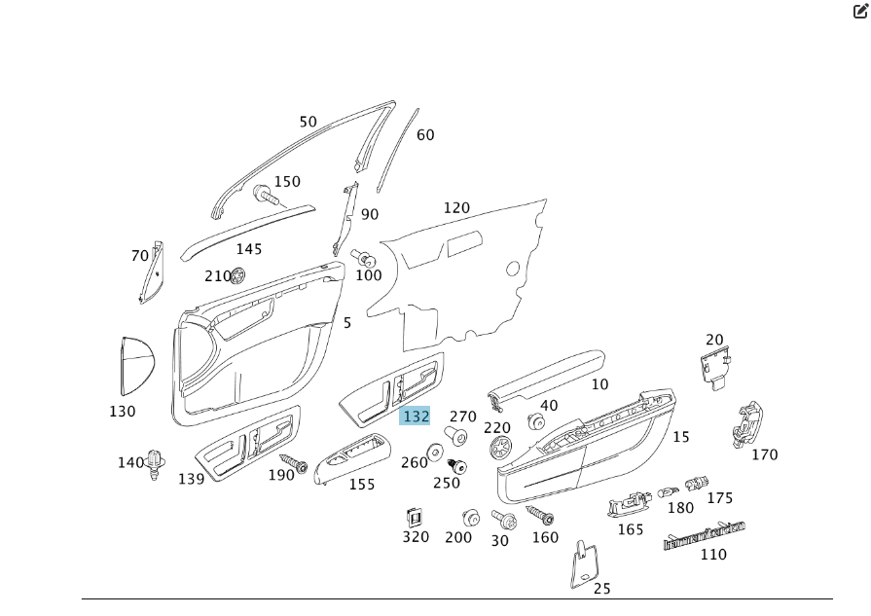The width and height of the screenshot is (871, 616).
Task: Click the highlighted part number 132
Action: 415,416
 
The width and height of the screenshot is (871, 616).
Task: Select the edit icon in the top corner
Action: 860,12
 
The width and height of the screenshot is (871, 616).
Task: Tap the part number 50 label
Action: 308,122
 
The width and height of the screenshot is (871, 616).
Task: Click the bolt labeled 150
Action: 265,195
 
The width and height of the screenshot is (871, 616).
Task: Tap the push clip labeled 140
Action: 155,463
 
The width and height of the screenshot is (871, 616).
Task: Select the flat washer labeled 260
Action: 434,451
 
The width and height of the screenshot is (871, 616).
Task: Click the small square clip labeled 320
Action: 414,517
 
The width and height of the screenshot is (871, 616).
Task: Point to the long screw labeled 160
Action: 540,514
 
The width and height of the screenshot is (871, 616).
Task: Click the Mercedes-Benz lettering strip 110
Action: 704,535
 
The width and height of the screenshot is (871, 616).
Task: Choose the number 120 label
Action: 455,207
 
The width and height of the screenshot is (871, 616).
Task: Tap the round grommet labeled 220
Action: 501,447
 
